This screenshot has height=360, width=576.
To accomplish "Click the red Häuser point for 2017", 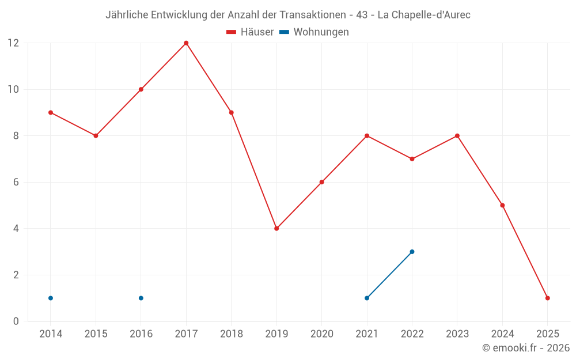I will click(x=186, y=43).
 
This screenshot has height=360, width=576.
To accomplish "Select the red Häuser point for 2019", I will click(x=276, y=229).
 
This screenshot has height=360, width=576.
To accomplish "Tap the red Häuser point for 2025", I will click(x=547, y=298).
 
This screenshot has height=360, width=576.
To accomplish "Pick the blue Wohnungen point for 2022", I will click(x=412, y=252).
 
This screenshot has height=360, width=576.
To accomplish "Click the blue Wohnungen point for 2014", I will click(x=51, y=298).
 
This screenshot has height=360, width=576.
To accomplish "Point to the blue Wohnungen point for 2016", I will click(x=141, y=298).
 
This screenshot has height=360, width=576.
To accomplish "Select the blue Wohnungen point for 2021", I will click(x=367, y=298).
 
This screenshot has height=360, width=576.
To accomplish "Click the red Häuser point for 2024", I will click(x=502, y=205).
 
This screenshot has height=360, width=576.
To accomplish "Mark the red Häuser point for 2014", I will click(x=51, y=112).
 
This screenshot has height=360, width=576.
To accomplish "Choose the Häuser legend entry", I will click(x=250, y=32).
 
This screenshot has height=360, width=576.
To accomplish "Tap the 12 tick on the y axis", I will click(x=13, y=43).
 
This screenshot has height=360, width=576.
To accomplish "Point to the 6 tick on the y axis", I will click(x=16, y=182).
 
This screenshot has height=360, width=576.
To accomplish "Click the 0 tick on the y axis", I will click(x=16, y=321).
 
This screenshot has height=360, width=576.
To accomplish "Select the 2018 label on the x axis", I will click(x=231, y=334).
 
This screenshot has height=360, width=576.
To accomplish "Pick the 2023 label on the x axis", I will click(x=457, y=334).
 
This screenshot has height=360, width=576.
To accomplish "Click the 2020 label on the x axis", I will click(x=321, y=334).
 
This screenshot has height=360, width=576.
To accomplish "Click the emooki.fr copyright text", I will click(x=526, y=348).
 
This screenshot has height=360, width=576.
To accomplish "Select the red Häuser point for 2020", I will click(x=321, y=182).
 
